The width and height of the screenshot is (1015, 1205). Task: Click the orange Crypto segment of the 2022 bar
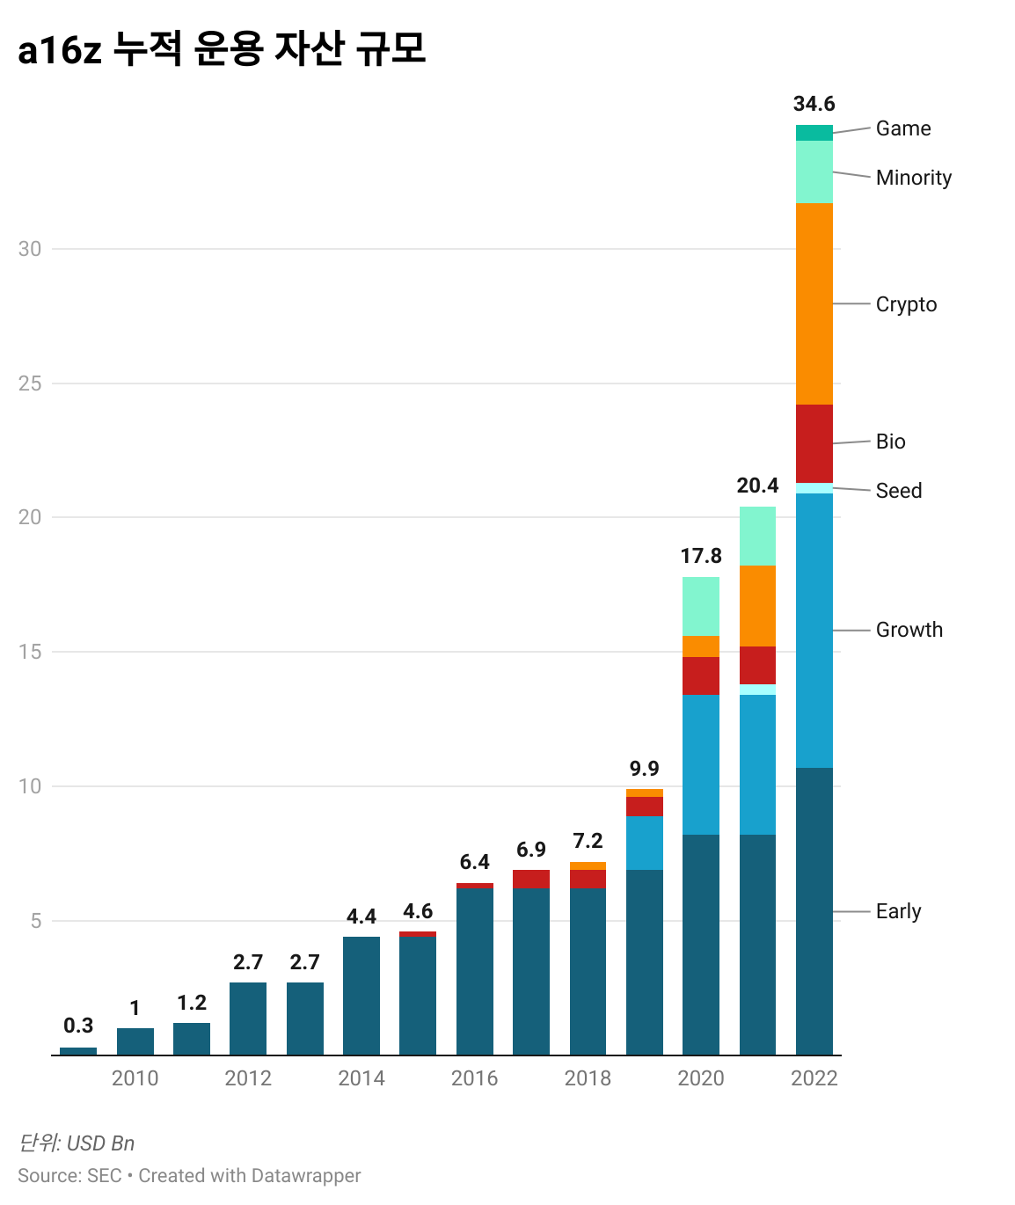tap(814, 303)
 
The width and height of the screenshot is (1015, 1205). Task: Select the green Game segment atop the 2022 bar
tap(814, 133)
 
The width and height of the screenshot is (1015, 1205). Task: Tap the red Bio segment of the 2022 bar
tap(814, 443)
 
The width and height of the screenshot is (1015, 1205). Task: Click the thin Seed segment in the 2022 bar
tap(814, 488)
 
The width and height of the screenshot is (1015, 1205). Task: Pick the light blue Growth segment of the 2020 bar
tap(701, 764)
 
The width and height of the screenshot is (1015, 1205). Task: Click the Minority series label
tap(914, 178)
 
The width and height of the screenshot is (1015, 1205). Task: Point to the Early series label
tap(898, 911)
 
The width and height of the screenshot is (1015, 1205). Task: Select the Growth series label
tap(909, 630)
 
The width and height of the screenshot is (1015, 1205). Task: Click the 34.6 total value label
tap(814, 104)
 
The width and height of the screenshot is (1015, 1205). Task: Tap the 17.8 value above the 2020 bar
tap(701, 556)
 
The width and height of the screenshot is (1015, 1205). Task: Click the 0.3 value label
tap(78, 1026)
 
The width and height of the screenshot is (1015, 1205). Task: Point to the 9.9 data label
tap(644, 769)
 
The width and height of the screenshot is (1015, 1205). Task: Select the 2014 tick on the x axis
tap(361, 1078)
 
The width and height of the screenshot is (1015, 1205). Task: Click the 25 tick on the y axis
tap(30, 383)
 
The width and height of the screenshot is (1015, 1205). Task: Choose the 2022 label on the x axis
tap(814, 1078)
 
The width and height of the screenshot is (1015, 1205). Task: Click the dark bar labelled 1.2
tap(192, 1039)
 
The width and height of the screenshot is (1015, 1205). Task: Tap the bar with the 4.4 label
tap(361, 996)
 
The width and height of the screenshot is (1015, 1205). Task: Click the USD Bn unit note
tap(100, 1143)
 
